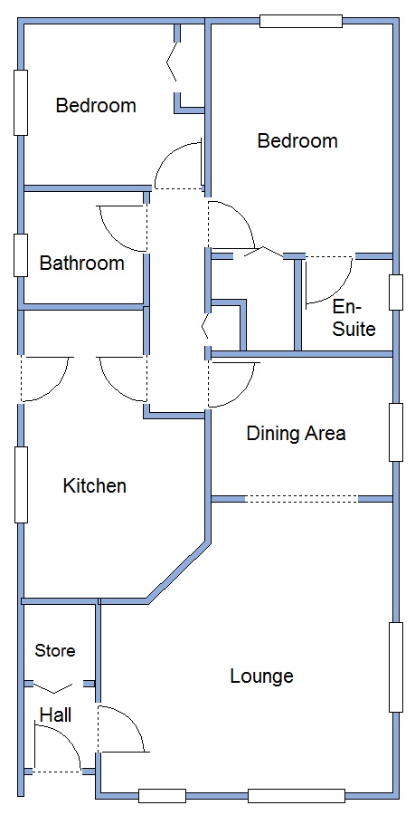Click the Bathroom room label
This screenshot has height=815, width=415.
point(82,263)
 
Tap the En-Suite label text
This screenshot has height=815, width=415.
point(354,318)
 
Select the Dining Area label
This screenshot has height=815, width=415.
point(296,433)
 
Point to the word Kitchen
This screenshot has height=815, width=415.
point(94,486)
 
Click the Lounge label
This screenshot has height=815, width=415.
point(261,676)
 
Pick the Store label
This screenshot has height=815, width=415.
point(55,651)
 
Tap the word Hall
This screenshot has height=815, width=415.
point(55,715)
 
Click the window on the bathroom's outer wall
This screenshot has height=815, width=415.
point(21,255)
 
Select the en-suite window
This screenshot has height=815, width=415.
point(396,292)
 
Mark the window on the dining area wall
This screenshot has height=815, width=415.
point(396,433)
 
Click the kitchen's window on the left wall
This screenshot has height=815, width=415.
point(22,484)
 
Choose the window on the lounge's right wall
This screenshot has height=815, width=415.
point(396,667)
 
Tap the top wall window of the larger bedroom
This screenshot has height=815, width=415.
point(301,22)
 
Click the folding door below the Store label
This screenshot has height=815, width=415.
point(54,687)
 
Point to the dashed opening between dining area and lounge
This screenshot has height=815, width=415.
point(301,500)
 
